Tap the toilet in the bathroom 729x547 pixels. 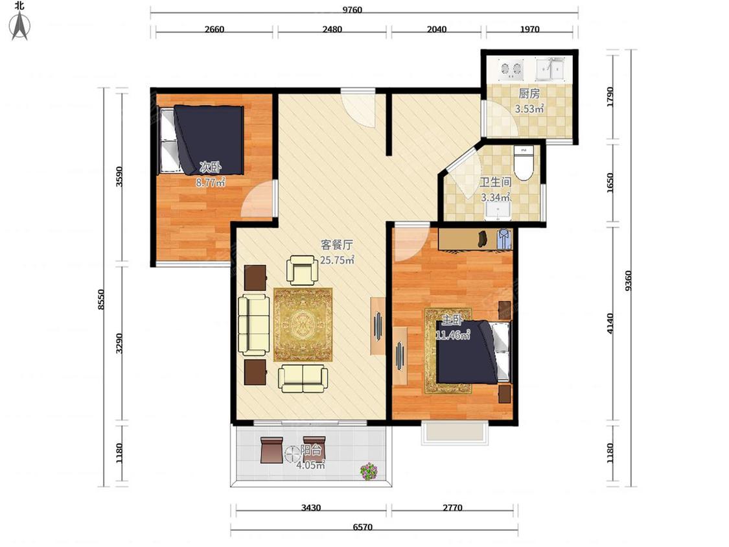(x=524, y=163)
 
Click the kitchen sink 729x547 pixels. (x=550, y=69)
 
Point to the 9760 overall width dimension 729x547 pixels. (x=353, y=10)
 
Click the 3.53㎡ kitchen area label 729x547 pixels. (x=529, y=110)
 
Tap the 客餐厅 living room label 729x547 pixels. (x=336, y=245)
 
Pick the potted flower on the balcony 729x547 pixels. (x=369, y=471)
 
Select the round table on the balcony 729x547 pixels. (x=292, y=454)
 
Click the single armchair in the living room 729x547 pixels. (x=303, y=270)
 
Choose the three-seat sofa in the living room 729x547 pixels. (x=254, y=324)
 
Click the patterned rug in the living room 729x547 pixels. (x=303, y=325)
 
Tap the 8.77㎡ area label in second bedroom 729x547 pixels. (x=211, y=183)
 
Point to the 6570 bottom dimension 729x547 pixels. (x=363, y=527)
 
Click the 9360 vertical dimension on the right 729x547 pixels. (x=628, y=281)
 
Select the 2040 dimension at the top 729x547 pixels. (x=437, y=29)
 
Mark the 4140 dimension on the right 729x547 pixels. (x=610, y=323)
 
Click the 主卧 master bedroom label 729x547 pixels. (x=452, y=320)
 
